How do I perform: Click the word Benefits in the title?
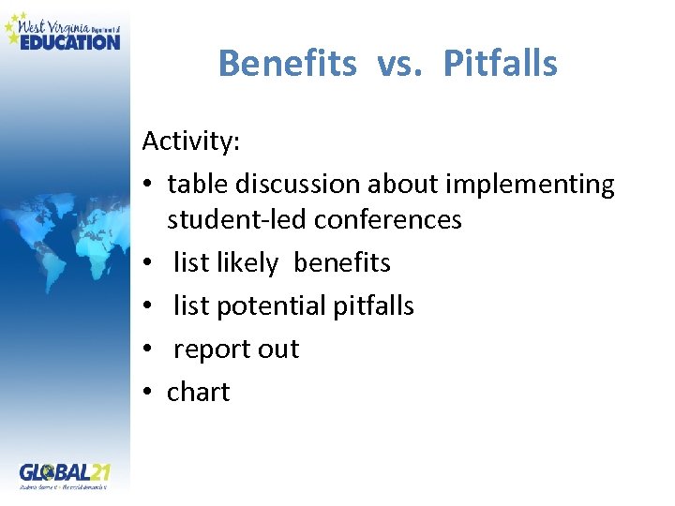[287, 64]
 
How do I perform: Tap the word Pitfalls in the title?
[500, 64]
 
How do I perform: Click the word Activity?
[191, 141]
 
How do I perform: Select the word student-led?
[236, 219]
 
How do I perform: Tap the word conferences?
[388, 219]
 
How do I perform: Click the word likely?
[247, 263]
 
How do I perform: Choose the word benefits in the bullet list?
[342, 263]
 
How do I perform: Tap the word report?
[214, 349]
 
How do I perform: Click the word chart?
[198, 392]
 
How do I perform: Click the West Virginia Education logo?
[64, 31]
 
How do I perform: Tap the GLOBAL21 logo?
[64, 475]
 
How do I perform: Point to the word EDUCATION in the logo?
[70, 40]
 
